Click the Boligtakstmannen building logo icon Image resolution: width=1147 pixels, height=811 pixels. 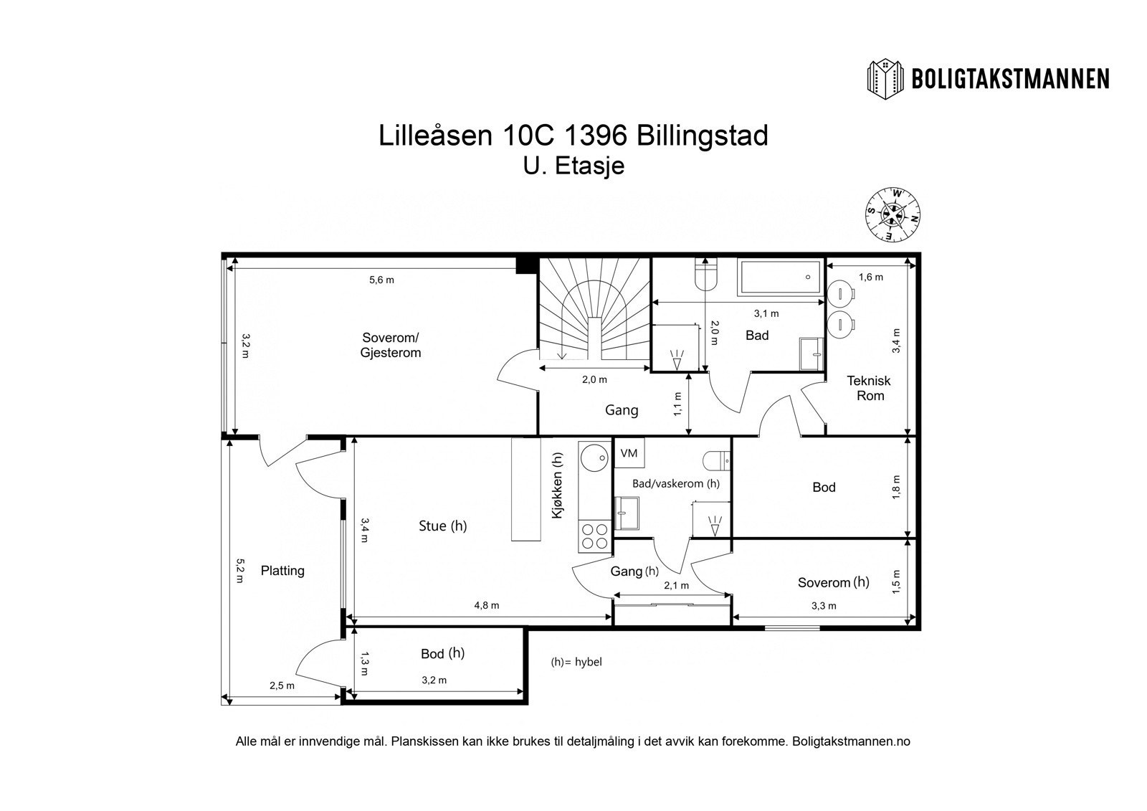(x=887, y=79)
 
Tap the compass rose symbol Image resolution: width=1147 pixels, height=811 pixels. (x=893, y=214)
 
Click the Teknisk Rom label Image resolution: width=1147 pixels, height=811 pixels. (x=870, y=388)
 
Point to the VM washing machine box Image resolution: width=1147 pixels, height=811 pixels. (x=629, y=453)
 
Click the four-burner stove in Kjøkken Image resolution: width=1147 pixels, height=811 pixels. (x=594, y=536)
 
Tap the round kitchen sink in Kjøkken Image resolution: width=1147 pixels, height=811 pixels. (x=594, y=457)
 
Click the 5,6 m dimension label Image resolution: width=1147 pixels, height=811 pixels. (x=381, y=280)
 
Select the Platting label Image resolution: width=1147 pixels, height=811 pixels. (x=282, y=571)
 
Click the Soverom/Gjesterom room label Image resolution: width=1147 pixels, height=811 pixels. (x=391, y=345)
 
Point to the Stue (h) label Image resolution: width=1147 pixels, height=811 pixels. (x=442, y=526)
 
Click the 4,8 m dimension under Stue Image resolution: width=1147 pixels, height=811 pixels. (x=486, y=605)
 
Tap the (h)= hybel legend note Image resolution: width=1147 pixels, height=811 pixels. (x=576, y=662)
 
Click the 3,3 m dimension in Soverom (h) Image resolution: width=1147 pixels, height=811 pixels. (x=823, y=606)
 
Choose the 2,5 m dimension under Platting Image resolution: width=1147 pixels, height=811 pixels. (x=282, y=686)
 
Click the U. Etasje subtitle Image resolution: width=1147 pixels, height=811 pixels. (x=573, y=166)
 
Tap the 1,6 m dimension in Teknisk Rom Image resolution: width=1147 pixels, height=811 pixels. (x=870, y=277)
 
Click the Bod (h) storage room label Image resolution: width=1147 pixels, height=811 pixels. (x=442, y=654)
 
